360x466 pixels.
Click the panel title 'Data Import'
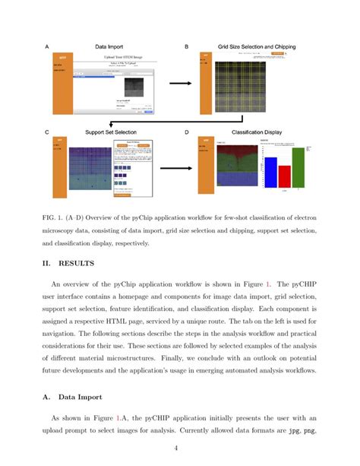(109, 46)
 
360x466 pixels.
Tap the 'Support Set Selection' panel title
(112, 132)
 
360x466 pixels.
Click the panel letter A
(47, 46)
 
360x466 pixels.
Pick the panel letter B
(187, 46)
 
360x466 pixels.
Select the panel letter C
(47, 132)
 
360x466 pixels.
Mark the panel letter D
(187, 132)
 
